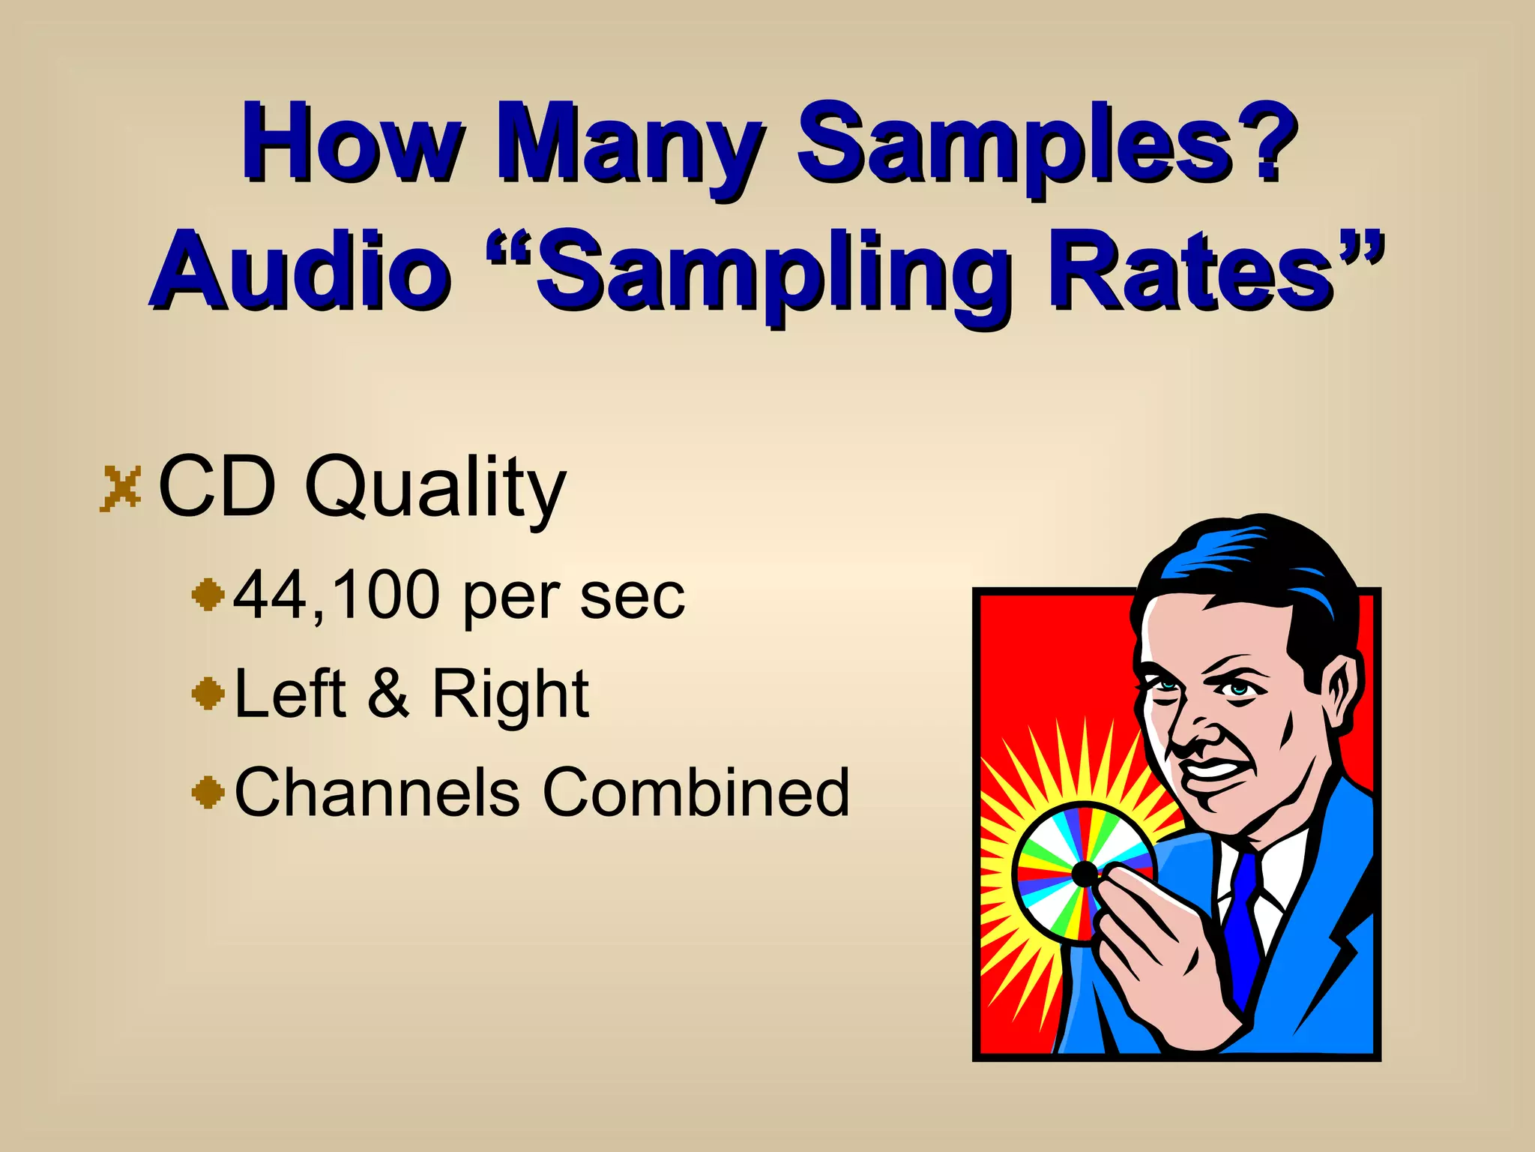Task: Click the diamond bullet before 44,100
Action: [x=208, y=595]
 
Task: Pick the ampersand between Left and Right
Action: [x=388, y=693]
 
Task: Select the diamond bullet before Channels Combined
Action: [x=208, y=792]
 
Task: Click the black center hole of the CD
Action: [x=1085, y=874]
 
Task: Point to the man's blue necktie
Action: [x=1243, y=922]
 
